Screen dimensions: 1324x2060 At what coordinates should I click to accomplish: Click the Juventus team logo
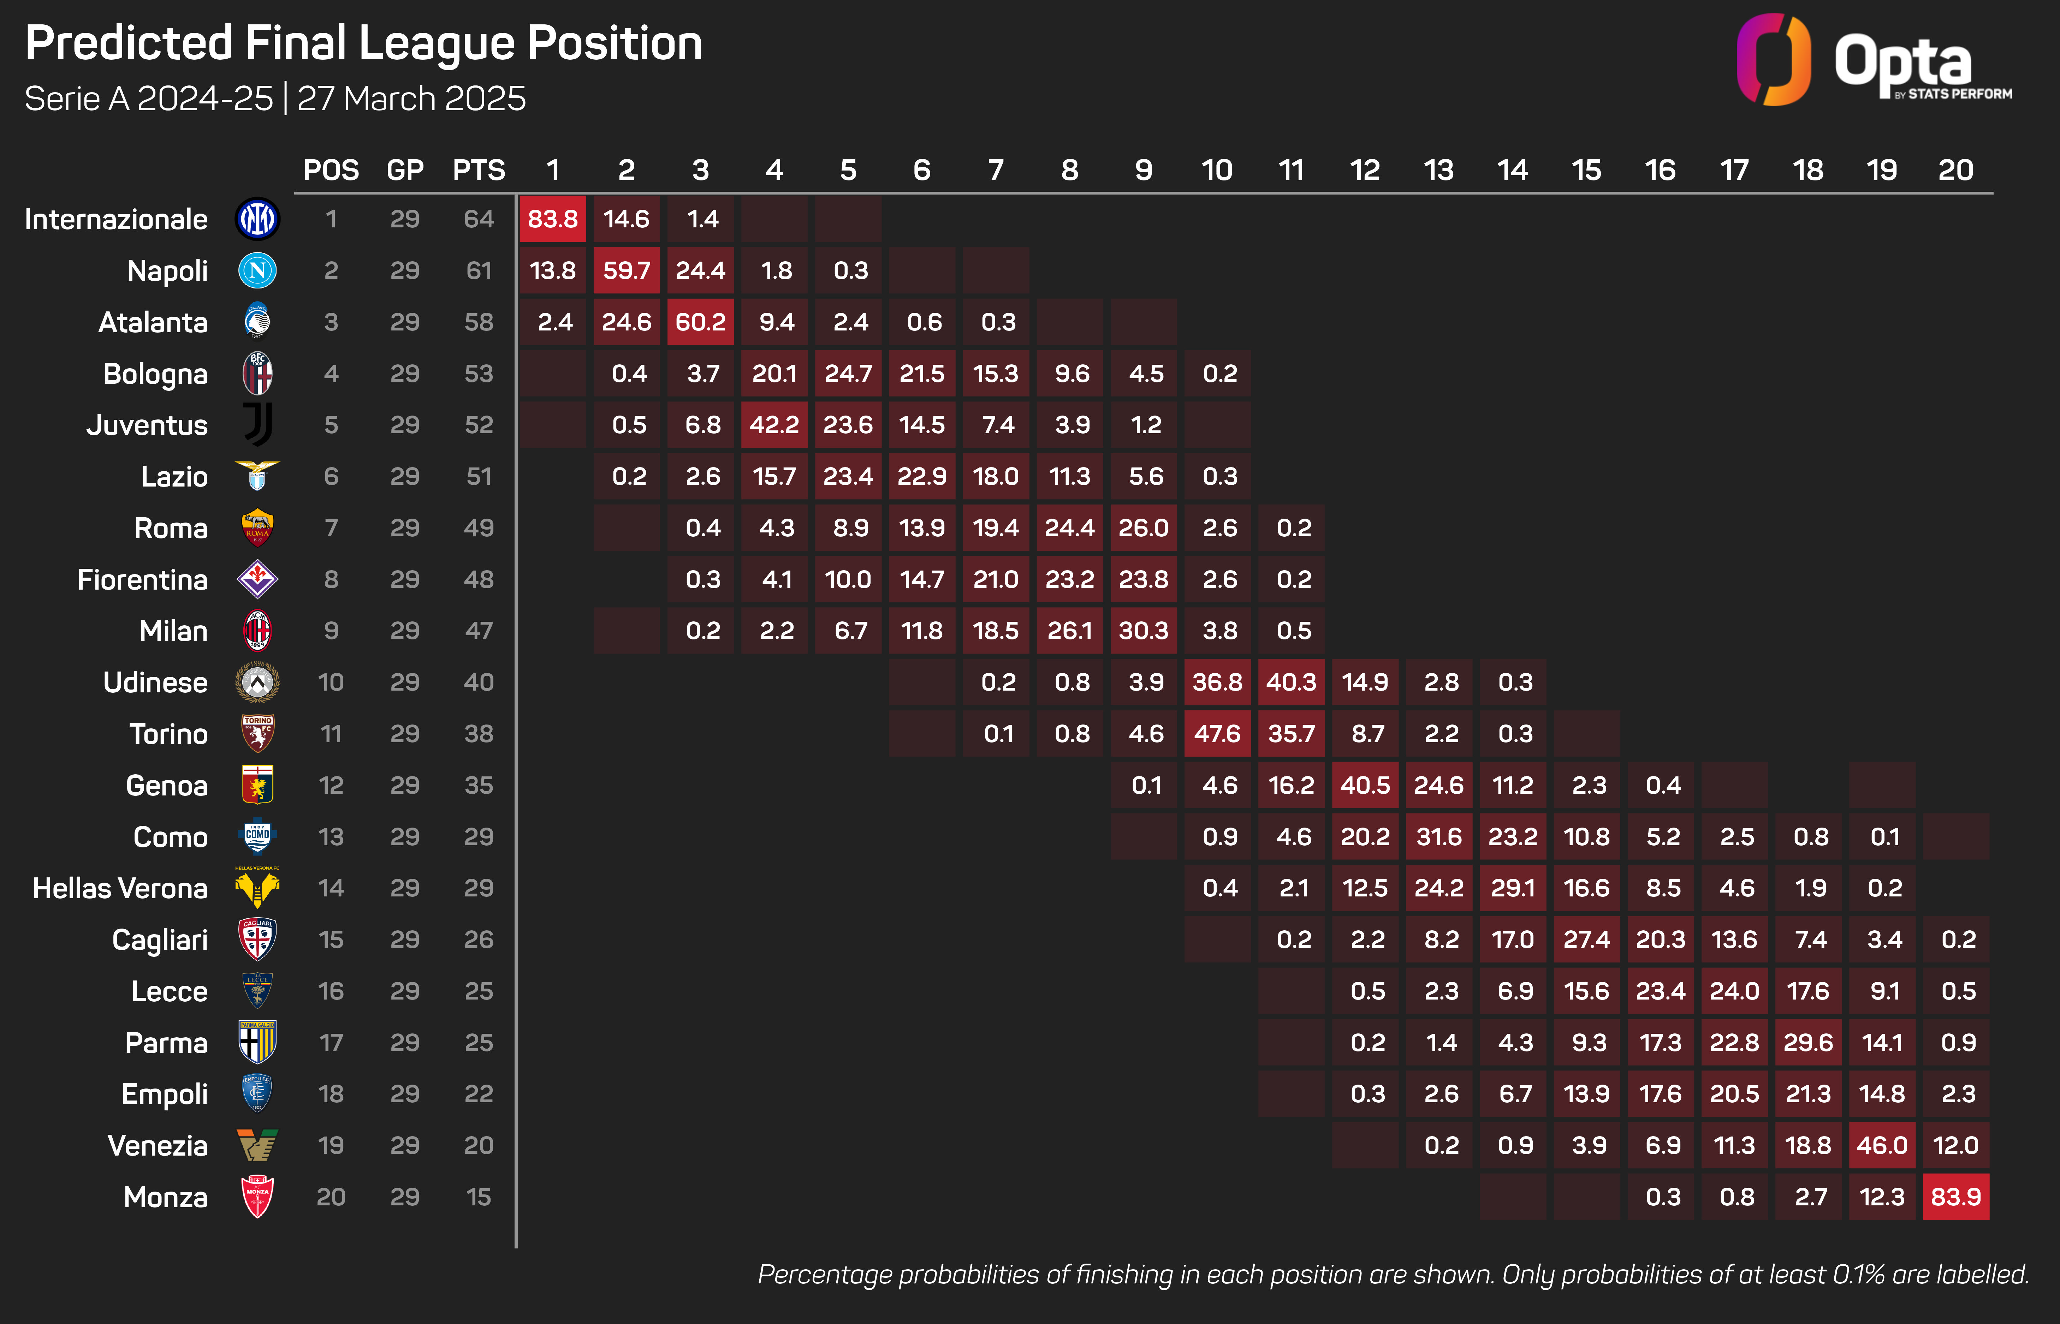(x=257, y=425)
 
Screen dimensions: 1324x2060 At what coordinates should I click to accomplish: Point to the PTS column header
(x=479, y=170)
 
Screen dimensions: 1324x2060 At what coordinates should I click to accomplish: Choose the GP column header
(x=405, y=170)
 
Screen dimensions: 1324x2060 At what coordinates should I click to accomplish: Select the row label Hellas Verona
(x=120, y=888)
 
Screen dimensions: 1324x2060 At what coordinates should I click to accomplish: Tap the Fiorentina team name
(x=143, y=579)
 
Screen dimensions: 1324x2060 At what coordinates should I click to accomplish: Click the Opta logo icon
(x=1773, y=60)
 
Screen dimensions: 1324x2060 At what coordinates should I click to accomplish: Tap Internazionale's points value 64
(x=479, y=219)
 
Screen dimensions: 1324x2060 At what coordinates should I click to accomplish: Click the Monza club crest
(x=257, y=1197)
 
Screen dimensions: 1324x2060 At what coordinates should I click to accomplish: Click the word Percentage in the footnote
(x=824, y=1274)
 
